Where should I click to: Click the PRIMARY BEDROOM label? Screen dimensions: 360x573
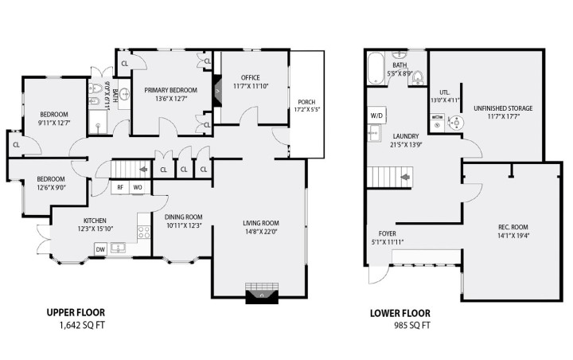click(x=166, y=91)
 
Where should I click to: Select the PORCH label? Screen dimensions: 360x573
click(x=306, y=103)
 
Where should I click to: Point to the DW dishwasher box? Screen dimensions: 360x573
click(x=99, y=249)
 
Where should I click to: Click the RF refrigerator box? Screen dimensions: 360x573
click(x=119, y=188)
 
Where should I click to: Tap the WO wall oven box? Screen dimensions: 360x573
click(x=138, y=188)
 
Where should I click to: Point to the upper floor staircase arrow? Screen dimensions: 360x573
click(x=142, y=170)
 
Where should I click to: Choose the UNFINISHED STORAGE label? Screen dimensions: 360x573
click(x=503, y=108)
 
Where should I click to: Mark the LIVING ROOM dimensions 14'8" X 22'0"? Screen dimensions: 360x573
click(x=260, y=233)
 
